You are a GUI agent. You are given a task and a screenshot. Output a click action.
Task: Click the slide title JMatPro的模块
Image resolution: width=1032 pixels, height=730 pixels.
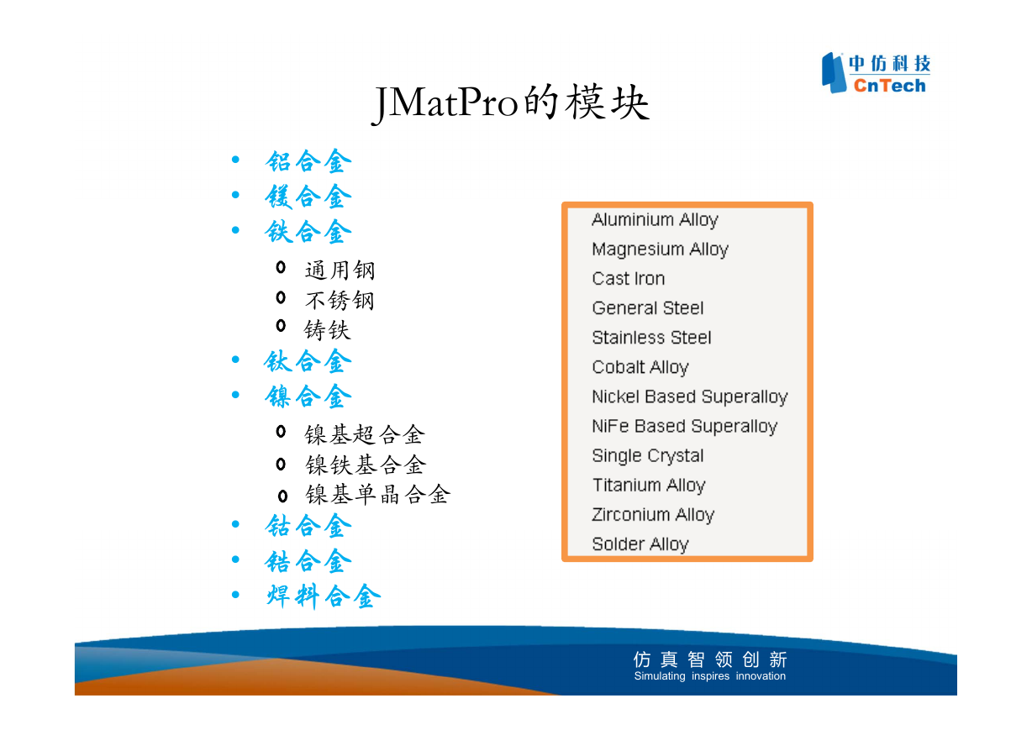(510, 103)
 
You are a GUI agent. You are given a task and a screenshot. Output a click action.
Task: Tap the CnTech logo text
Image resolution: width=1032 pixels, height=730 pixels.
(889, 86)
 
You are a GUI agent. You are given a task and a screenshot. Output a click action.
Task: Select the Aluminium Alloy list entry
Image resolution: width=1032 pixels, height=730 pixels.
(655, 220)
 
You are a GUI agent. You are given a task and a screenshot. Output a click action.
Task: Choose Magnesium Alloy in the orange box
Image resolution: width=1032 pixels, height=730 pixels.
(661, 249)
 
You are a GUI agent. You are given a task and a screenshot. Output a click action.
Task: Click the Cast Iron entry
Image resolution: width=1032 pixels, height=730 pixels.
(629, 279)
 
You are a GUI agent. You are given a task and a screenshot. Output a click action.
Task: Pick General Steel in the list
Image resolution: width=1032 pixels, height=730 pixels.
(648, 308)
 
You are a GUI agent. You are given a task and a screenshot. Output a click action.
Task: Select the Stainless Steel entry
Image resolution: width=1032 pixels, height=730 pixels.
(651, 338)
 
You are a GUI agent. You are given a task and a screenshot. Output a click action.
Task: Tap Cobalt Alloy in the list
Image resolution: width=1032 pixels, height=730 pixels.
(640, 368)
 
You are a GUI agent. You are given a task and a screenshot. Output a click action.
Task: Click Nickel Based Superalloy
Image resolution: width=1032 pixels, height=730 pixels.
(690, 397)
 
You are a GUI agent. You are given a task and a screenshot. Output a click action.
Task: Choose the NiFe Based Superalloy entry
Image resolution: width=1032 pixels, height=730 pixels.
(685, 427)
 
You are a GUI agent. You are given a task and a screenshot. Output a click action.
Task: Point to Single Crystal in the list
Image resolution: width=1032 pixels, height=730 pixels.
(648, 456)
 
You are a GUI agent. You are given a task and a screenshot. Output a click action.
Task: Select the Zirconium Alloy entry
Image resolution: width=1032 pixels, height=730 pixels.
(653, 515)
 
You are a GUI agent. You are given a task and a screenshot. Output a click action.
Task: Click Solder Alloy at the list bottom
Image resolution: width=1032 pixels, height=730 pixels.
(640, 544)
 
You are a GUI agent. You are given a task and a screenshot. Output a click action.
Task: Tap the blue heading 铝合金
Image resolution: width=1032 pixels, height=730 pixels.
(308, 161)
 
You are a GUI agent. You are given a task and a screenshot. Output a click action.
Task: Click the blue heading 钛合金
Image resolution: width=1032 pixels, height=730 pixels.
(308, 361)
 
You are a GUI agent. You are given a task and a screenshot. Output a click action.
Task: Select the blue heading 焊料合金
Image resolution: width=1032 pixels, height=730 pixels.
(324, 596)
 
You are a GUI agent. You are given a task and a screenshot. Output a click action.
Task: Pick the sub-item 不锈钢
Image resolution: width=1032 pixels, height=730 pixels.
(340, 301)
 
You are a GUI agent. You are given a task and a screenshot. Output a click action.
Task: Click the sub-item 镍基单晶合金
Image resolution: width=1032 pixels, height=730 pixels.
(377, 495)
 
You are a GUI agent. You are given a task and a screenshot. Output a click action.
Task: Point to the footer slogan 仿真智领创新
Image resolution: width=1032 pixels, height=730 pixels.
(710, 659)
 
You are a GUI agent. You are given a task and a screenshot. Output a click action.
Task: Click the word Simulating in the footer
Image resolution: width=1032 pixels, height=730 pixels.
(660, 676)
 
